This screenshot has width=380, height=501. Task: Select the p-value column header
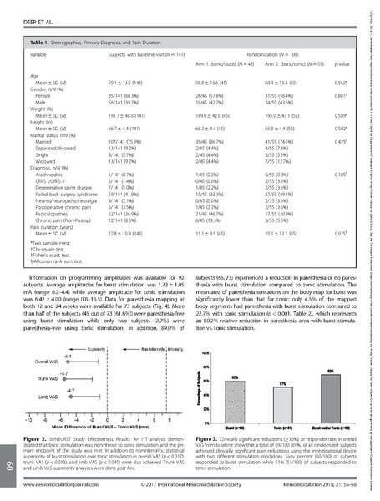(342, 63)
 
